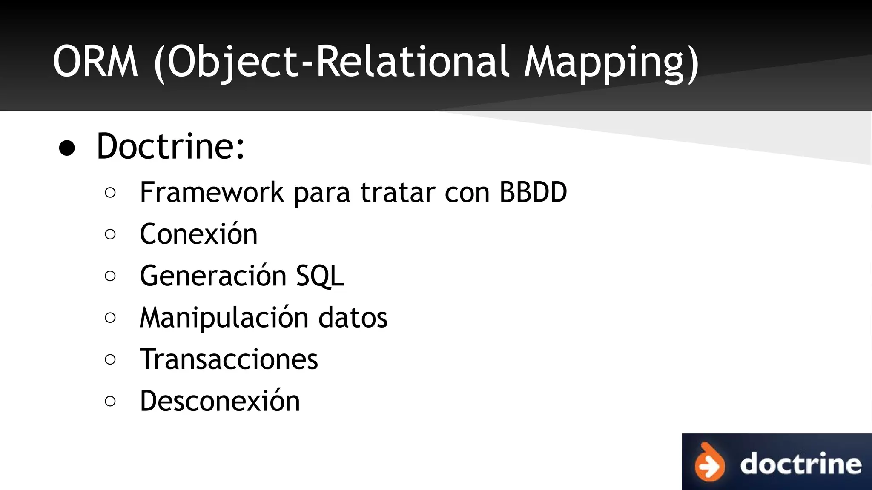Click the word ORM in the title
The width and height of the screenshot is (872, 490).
coord(95,62)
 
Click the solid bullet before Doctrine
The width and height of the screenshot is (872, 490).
coord(67,149)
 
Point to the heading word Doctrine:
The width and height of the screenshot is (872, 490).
coord(171,146)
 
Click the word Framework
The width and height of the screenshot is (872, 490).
coord(212,192)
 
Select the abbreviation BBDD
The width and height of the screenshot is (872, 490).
coord(533,192)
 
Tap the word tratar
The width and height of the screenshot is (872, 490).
coord(398,192)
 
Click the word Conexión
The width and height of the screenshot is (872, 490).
coord(198,234)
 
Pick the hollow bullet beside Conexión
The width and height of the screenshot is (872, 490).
coord(110,234)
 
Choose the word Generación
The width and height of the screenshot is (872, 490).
coord(213,276)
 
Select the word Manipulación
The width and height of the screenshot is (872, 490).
coord(224,318)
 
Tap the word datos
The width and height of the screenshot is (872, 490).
coord(353,318)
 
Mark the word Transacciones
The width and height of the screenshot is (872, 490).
coord(229,359)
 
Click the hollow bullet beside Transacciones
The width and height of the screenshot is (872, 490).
coord(110,359)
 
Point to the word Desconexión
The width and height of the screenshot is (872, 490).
coord(220,401)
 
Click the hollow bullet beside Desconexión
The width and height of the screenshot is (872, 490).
coord(110,401)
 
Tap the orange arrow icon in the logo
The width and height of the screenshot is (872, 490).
coord(709,464)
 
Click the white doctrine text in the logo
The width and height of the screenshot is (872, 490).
coord(800,464)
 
